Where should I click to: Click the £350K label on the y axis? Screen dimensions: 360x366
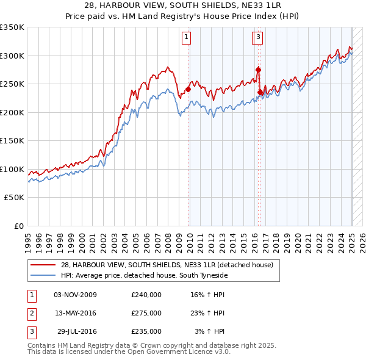(x=12, y=27)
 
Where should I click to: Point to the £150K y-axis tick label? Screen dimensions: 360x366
(x=12, y=141)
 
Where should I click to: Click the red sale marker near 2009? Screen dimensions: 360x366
(x=188, y=90)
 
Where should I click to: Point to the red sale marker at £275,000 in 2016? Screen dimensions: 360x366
(x=258, y=70)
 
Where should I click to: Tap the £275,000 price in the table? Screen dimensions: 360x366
(x=146, y=313)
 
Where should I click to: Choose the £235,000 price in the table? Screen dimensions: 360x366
(x=146, y=331)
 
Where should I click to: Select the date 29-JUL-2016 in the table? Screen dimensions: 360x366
(x=76, y=331)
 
